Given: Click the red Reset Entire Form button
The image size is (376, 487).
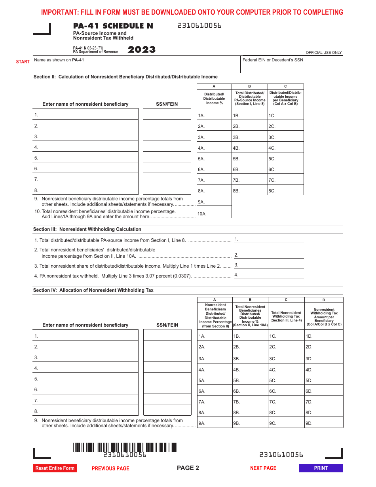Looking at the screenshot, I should (x=55, y=468).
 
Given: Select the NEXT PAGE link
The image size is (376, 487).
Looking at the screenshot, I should (x=263, y=468).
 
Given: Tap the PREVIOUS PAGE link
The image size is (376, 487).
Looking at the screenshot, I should (x=110, y=468).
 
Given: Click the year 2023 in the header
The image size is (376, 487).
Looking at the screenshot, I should (x=141, y=50).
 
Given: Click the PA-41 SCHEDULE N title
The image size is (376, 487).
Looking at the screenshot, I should (x=113, y=26).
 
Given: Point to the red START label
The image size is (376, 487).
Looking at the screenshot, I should (x=23, y=62).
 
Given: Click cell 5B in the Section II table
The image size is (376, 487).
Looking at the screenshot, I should (x=250, y=158).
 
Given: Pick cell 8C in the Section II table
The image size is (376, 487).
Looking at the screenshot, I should (x=286, y=190).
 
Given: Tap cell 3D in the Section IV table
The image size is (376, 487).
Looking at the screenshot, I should (x=324, y=358).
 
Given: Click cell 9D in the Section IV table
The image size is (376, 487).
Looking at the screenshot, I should (x=324, y=422).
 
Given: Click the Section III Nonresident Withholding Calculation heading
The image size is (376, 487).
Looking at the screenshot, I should (x=87, y=229).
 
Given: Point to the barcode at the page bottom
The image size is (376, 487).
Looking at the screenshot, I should (x=125, y=447).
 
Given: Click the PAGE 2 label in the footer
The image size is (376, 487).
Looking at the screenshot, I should (x=188, y=468).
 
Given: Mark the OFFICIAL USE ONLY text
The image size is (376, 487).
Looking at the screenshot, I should (x=324, y=53).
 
